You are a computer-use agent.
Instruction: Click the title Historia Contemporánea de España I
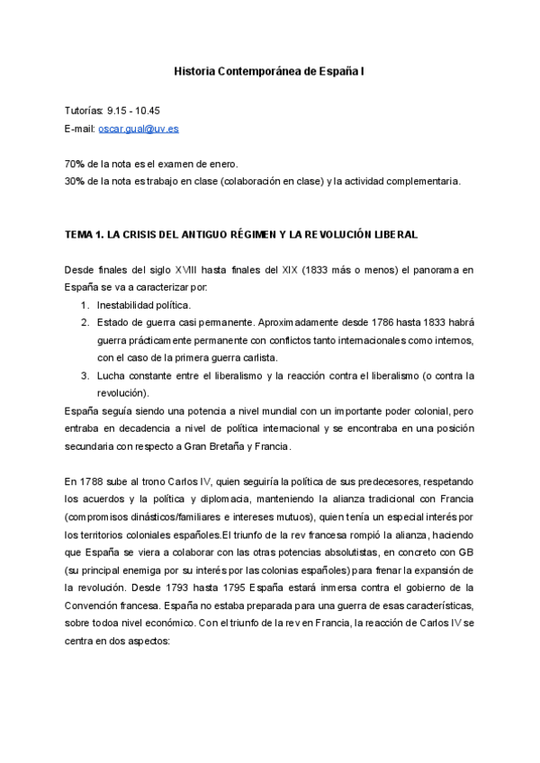269,69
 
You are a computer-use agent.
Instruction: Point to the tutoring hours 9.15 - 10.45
133,111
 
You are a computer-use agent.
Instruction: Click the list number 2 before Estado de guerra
84,322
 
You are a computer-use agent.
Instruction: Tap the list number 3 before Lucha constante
84,375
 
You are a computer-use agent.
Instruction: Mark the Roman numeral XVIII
189,270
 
